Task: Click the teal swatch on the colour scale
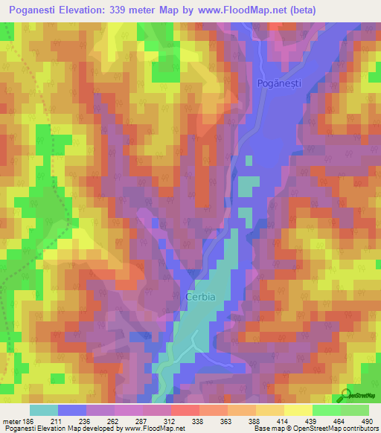pyautogui.click(x=44, y=409)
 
